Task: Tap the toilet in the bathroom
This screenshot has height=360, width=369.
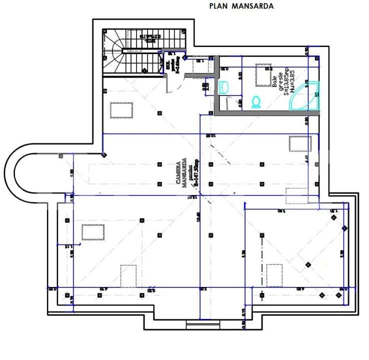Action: [x=257, y=101]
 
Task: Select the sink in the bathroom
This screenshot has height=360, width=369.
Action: [x=223, y=87]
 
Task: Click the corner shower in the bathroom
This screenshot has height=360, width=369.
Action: [x=306, y=95]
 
